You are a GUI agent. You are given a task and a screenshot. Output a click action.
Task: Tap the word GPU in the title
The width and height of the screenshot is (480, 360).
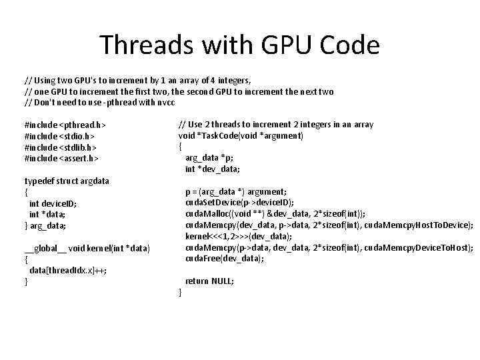pyautogui.click(x=287, y=45)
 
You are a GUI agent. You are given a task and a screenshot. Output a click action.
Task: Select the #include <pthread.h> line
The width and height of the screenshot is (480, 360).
pyautogui.click(x=65, y=125)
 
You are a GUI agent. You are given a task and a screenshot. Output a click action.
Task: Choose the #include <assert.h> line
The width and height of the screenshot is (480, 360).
pyautogui.click(x=61, y=159)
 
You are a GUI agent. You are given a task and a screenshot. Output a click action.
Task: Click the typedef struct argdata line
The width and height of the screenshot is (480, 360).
pyautogui.click(x=67, y=181)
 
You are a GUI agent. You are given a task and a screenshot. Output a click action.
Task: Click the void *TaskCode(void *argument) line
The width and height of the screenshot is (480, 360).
pyautogui.click(x=240, y=135)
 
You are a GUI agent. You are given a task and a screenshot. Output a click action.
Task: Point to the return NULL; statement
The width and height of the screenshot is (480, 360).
pyautogui.click(x=209, y=281)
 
